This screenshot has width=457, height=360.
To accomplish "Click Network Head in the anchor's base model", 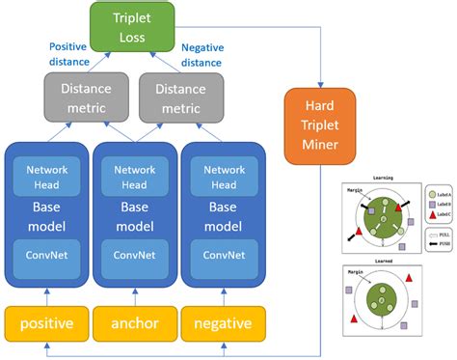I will (x=134, y=177).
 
